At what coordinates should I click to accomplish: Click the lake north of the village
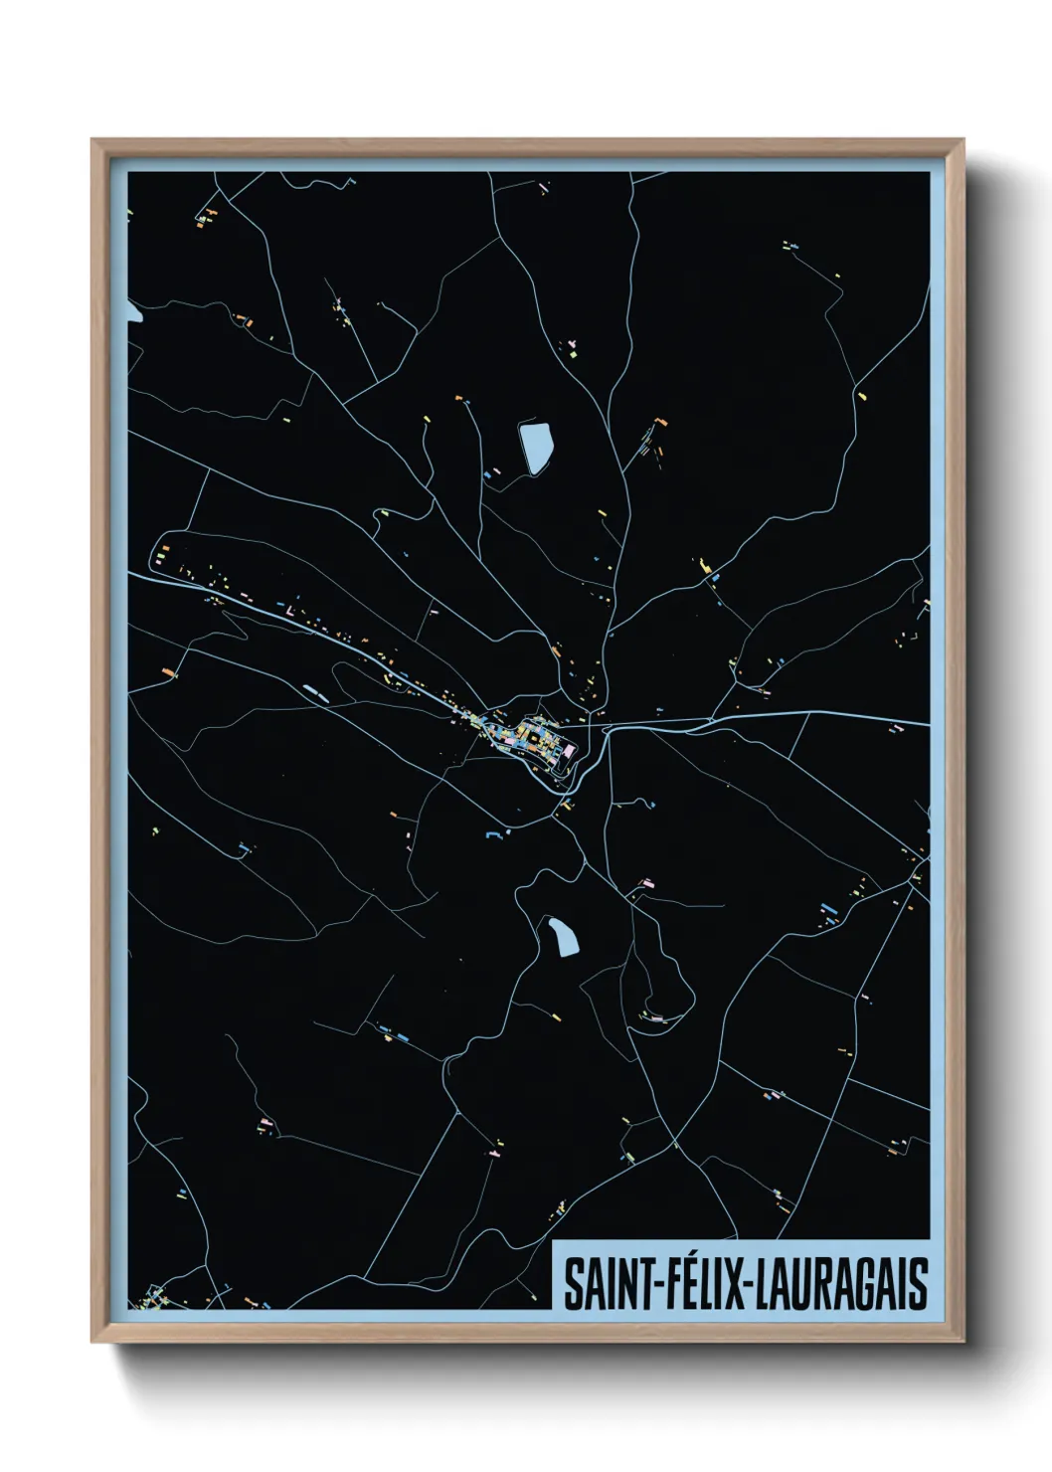click(x=535, y=447)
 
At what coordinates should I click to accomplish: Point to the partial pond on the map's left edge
click(x=133, y=316)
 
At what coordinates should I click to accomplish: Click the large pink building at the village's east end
click(x=568, y=753)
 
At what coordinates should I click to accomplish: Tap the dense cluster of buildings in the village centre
click(x=527, y=736)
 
